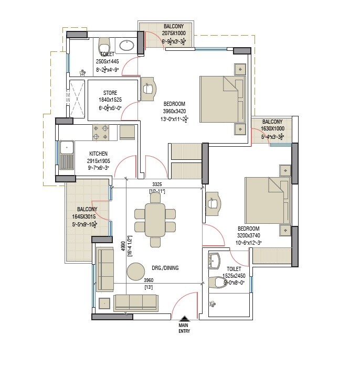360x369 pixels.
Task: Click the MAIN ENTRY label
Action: click(x=184, y=329)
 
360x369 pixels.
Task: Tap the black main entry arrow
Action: click(x=184, y=319)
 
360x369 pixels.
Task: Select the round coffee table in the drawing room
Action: click(x=136, y=270)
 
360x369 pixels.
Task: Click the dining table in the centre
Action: click(x=155, y=220)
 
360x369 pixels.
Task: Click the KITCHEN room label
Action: click(x=98, y=154)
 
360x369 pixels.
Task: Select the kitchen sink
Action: click(x=67, y=154)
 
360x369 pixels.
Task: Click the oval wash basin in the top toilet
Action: click(x=126, y=46)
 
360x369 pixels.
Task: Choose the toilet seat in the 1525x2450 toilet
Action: click(x=217, y=283)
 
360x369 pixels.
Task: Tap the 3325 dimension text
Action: click(x=157, y=184)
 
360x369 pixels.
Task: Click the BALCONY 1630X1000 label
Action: click(x=272, y=125)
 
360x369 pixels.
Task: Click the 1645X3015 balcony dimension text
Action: click(x=88, y=216)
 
